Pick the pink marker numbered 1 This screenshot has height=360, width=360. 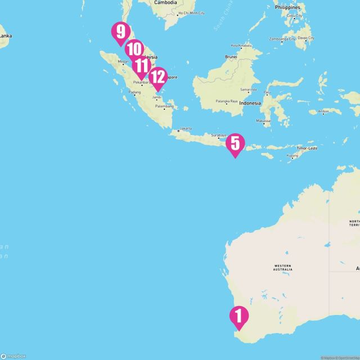pos(238,317)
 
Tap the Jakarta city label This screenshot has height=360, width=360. pos(185,128)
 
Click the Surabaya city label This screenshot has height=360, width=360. pos(218,135)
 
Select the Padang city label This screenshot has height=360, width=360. pos(134,92)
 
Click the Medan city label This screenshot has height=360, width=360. pos(123,62)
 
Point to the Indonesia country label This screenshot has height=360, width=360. pos(250,103)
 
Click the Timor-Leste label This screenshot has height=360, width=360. pos(308,148)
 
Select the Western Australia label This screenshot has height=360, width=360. pos(283,268)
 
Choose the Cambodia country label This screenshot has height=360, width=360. pos(166,2)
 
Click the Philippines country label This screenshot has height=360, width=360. pos(287,7)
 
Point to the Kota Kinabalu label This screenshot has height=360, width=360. pos(242,46)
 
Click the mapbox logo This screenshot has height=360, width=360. pos(13,355)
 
